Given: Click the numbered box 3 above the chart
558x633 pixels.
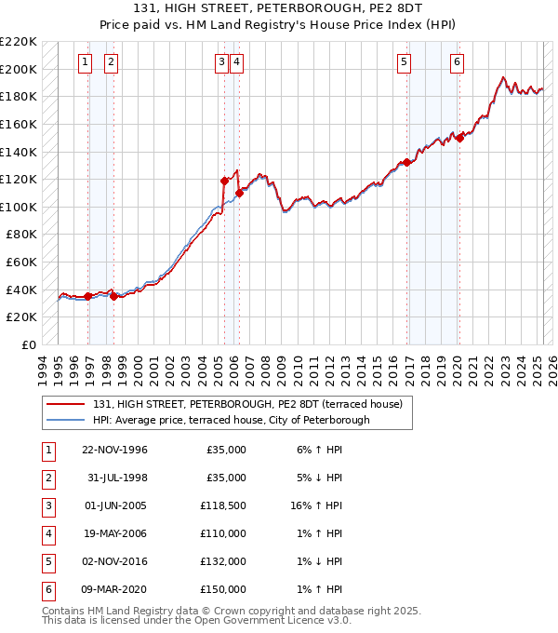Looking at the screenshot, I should (x=221, y=62).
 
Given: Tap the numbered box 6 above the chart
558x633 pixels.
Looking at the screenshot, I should (x=458, y=62).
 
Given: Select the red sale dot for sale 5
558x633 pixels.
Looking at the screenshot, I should (x=406, y=162).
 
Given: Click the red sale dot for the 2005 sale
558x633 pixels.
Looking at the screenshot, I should (x=224, y=181).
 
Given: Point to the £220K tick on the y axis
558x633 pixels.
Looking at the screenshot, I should (x=20, y=42).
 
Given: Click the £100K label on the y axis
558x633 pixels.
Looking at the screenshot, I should (x=20, y=207).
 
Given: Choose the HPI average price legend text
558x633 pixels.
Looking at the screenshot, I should (x=231, y=420).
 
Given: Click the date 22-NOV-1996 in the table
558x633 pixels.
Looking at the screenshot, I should (x=114, y=451).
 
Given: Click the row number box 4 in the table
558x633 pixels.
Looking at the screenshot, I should (x=46, y=534).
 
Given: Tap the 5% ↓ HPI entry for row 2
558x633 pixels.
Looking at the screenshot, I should (x=320, y=478).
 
